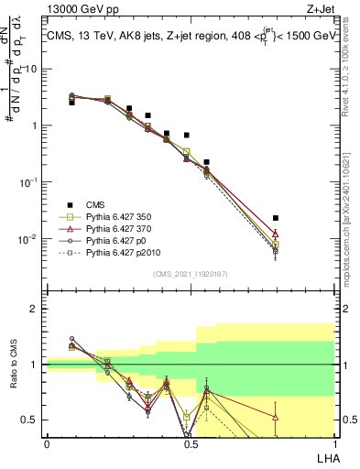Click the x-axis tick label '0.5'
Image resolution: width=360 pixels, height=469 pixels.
pos(190,442)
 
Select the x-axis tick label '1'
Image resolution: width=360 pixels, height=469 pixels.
pos(333,442)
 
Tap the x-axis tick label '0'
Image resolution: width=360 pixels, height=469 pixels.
pos(47,442)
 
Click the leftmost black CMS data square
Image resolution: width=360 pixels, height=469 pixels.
pos(71,103)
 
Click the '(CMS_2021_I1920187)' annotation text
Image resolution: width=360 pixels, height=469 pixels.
pos(190,273)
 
